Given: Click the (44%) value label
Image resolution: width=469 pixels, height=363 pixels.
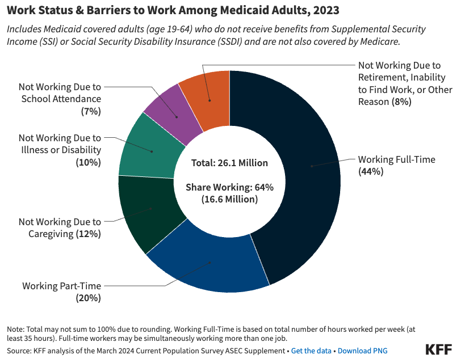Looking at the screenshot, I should point(371,171).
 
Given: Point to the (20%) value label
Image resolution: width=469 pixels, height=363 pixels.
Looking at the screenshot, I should point(88,297).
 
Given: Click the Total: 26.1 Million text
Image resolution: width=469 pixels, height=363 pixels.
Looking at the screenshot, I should point(229,163).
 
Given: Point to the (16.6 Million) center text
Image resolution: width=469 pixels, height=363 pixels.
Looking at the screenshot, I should point(229,199).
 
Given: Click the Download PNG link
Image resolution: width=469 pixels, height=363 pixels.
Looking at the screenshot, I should point(362,351).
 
